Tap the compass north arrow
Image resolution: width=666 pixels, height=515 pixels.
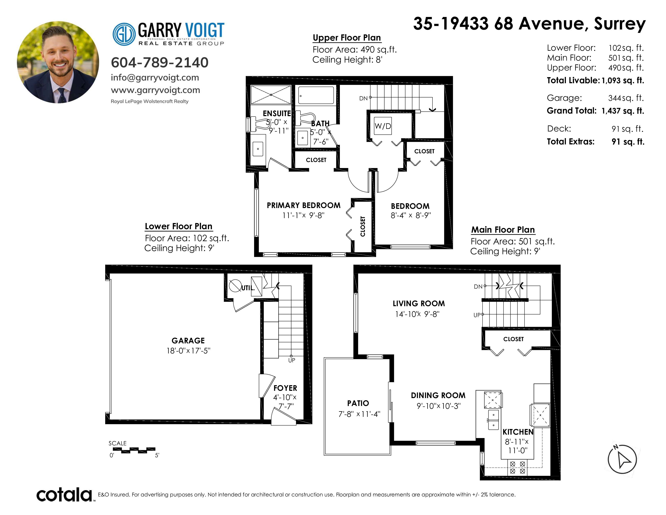coord(622,459)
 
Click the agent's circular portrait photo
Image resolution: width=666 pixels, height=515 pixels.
coord(58,62)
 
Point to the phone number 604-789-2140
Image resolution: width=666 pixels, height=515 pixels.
coord(159,63)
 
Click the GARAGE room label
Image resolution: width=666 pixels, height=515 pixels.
coord(188,341)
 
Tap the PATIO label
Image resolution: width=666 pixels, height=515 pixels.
coord(358,403)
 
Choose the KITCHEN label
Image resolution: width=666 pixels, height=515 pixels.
coord(518,432)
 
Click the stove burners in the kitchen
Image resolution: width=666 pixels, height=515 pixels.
coord(517,467)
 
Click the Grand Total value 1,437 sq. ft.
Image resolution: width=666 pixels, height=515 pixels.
coord(623,111)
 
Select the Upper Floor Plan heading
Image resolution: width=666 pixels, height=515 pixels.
coord(347,38)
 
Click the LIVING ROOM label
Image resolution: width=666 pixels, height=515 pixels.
coord(419,304)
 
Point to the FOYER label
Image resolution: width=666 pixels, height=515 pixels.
coord(285,388)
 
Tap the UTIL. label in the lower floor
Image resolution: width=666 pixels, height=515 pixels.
coord(248,288)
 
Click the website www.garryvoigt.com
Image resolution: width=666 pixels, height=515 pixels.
coord(156,90)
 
